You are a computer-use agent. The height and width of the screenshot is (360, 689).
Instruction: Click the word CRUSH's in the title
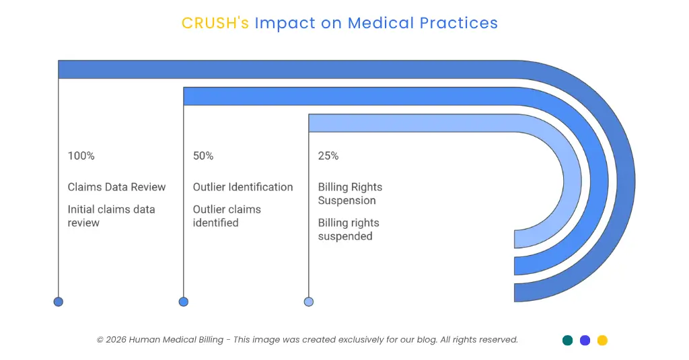coord(215,23)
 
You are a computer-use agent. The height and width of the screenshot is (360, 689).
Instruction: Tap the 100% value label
coord(81,155)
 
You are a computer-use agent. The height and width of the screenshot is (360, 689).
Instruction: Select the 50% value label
coord(203,155)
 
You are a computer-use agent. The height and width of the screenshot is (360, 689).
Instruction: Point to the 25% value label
coord(328,155)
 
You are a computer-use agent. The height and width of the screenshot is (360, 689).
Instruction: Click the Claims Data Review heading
coord(116,187)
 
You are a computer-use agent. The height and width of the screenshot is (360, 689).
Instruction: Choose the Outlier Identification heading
coord(243,187)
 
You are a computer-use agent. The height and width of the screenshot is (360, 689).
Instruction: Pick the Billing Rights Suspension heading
coord(350,194)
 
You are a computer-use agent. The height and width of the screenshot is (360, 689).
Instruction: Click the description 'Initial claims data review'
coord(111,216)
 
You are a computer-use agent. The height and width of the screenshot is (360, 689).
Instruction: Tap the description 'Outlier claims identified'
coord(227,216)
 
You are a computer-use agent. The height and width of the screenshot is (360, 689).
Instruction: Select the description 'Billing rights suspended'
coord(349,229)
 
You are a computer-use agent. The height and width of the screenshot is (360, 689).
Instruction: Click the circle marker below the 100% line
coord(59,301)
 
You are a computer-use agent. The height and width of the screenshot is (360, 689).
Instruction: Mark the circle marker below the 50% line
coord(184,301)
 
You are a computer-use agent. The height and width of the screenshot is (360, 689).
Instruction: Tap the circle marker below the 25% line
coord(309,301)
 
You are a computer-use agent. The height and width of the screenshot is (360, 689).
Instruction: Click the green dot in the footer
coord(567,340)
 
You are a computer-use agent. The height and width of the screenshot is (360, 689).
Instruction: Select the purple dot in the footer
coord(585,340)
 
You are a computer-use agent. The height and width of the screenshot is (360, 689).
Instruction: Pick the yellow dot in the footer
coord(602,340)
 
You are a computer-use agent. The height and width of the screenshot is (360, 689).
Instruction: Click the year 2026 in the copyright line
coord(116,340)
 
